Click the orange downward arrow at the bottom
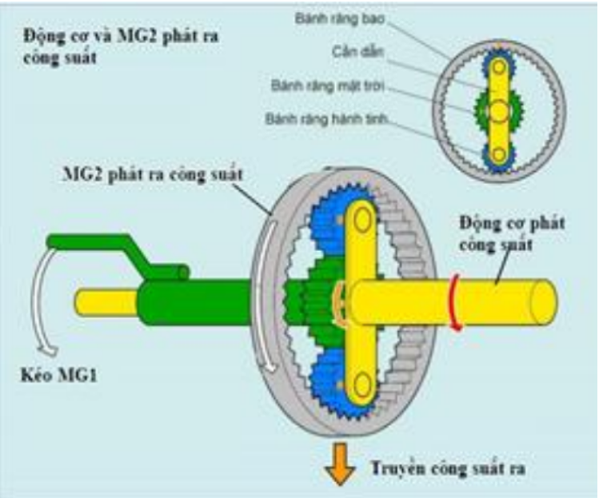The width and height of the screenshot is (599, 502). coord(340,463)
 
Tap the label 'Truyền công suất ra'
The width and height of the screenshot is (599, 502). coord(449,468)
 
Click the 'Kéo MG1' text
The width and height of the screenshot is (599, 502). coord(58,375)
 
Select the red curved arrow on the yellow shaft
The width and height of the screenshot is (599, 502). coord(453,301)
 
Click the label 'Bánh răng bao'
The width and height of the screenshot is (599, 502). coord(339,18)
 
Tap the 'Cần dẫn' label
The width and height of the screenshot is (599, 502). coord(357,51)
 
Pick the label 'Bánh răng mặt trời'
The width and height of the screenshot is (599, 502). coord(328,86)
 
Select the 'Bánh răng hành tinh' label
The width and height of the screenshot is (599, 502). coord(327,119)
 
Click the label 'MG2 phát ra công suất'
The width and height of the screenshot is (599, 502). coord(153,175)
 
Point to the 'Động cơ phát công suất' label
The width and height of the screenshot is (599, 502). coord(512,233)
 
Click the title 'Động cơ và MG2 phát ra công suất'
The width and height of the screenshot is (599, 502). coord(121,46)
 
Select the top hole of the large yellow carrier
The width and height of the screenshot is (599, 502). coord(362,219)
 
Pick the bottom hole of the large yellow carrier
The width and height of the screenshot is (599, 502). coord(362,385)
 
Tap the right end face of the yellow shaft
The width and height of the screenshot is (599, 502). coord(544,303)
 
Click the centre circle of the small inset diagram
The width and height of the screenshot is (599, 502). coord(499,111)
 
